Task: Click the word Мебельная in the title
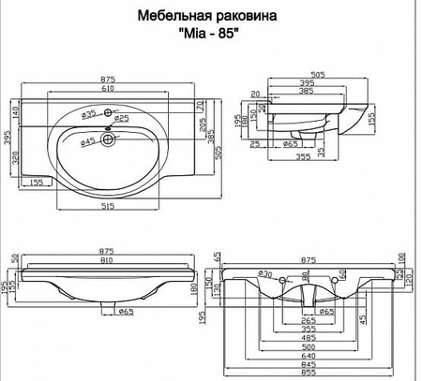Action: point(170,16)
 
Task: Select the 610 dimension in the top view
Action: point(109,86)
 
